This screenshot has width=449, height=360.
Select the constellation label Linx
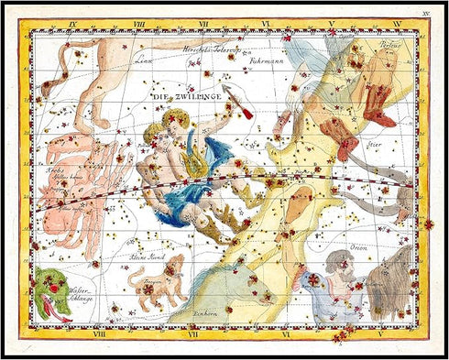[142, 61]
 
